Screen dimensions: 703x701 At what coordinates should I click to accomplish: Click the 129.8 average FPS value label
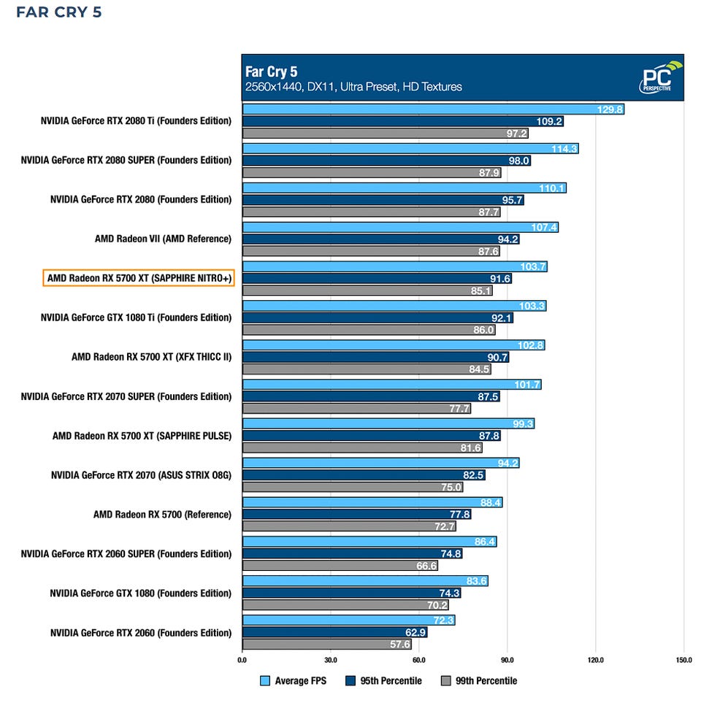pos(610,110)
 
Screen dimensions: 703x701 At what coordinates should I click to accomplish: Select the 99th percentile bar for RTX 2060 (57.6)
pos(326,645)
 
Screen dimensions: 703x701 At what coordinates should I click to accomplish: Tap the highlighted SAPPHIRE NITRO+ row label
pos(139,278)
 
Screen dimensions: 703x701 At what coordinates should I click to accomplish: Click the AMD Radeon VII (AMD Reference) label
pos(163,239)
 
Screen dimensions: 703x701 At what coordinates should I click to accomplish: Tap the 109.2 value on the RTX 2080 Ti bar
pos(548,121)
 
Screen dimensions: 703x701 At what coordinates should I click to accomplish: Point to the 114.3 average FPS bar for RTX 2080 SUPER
pos(410,149)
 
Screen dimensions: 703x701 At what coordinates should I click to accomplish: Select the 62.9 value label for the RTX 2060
pos(413,633)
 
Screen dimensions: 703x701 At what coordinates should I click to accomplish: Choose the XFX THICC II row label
pos(151,357)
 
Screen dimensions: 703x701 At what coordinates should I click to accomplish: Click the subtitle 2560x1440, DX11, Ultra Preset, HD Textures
pos(354,87)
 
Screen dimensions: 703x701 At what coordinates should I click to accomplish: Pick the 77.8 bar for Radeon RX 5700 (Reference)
pos(356,515)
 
